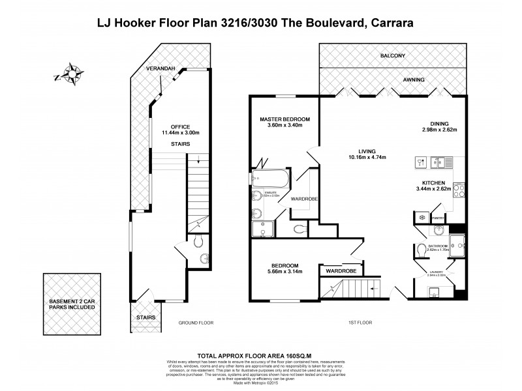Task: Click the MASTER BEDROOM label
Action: [284, 120]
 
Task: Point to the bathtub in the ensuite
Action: [268, 177]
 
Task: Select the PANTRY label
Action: [437, 218]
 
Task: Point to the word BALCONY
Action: [393, 56]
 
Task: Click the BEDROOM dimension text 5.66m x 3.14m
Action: [284, 272]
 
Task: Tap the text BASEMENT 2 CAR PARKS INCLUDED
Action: [72, 304]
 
